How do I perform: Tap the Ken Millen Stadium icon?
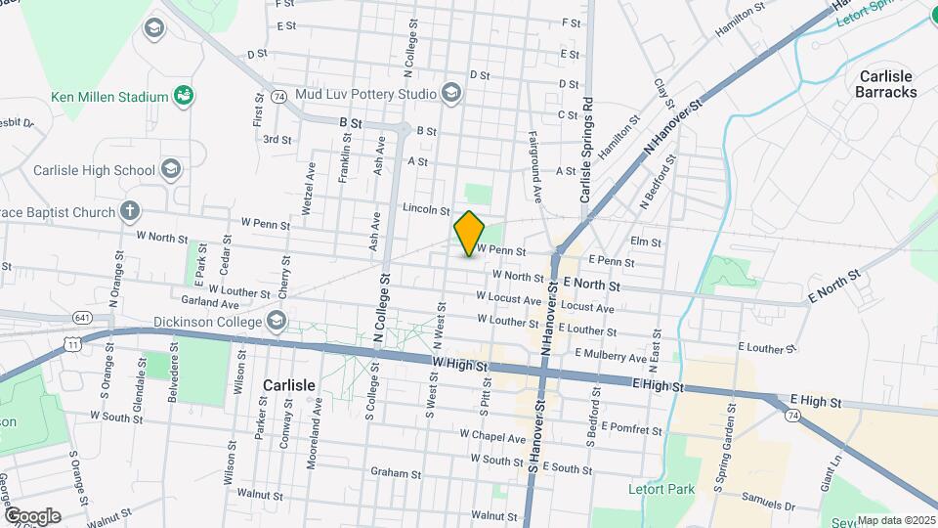pos(182,96)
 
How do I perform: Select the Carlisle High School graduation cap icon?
pos(171,170)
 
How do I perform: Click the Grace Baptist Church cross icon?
pos(129,210)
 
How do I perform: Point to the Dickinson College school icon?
pos(277,321)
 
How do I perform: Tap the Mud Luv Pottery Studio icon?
pos(450,94)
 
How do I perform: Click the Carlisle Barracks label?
pos(885,84)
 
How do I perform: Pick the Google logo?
pos(32,515)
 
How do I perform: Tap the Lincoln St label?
pos(425,210)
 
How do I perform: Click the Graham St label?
pos(395,472)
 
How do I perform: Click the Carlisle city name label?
pos(289,385)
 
